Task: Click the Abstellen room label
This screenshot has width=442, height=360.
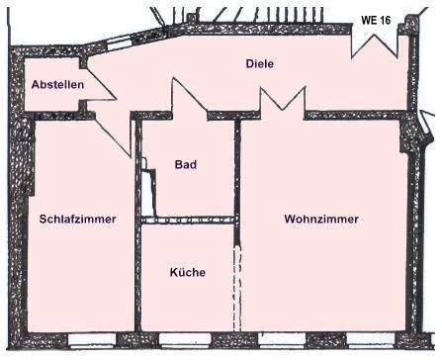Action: click(56, 86)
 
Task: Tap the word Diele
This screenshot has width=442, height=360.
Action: click(259, 64)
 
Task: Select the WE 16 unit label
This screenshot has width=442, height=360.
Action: click(376, 18)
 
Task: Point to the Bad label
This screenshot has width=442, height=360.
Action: click(186, 164)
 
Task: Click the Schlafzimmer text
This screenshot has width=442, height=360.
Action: click(78, 219)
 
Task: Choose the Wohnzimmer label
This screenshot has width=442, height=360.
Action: click(321, 219)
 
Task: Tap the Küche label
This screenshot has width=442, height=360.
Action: click(187, 272)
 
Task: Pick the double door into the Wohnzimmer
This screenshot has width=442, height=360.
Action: click(282, 102)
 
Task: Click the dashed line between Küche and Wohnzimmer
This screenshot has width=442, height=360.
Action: click(236, 287)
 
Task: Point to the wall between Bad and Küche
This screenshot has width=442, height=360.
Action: click(188, 220)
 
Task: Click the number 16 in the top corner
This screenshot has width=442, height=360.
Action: click(385, 18)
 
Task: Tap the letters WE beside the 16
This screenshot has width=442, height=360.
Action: click(368, 18)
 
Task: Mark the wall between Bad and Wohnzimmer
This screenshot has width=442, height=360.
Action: click(237, 168)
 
